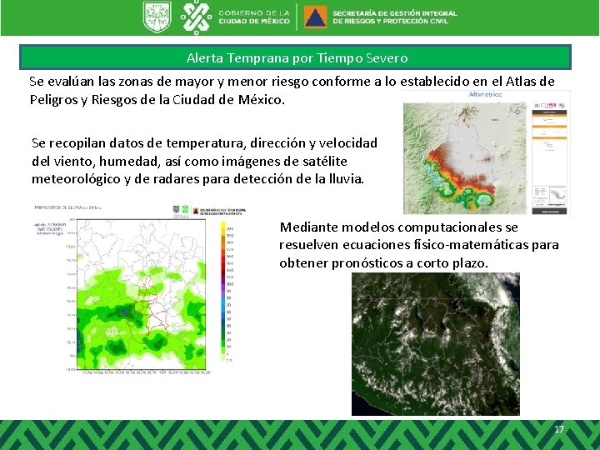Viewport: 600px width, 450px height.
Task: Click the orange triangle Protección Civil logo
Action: pos(316,17)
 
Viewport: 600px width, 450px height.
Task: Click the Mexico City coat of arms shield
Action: pos(156,17)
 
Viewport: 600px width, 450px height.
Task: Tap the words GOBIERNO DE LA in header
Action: pos(254,12)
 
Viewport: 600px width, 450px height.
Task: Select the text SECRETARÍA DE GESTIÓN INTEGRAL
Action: pos(395,13)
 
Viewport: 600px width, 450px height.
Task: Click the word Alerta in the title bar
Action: pos(205,58)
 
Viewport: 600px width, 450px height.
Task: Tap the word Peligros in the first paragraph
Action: pos(55,99)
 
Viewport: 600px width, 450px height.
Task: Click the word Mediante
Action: pos(309,227)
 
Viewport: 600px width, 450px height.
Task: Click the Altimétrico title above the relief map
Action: pos(486,95)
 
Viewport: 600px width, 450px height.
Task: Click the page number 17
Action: pos(558,428)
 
